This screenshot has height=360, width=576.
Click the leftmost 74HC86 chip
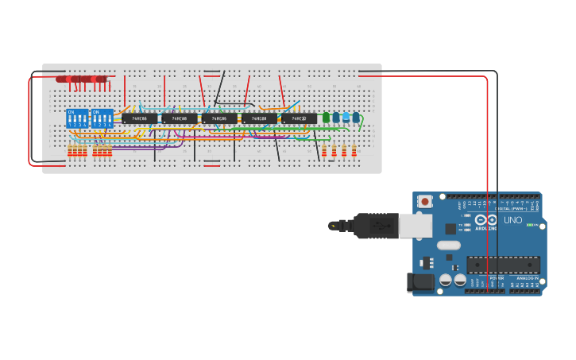139,118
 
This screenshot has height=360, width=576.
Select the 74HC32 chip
299,118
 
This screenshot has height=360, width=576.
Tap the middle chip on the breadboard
219,118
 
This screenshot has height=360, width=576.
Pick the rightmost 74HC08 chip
259,118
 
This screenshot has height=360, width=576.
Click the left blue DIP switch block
77,118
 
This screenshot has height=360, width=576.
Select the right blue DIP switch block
102,118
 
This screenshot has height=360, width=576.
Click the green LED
326,118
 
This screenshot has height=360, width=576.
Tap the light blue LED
346,117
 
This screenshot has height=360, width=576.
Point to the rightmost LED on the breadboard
355,117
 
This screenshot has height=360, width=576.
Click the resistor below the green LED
324,150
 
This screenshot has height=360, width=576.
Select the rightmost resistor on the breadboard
354,150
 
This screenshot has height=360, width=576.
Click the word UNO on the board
513,220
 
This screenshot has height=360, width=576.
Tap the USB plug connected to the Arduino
381,226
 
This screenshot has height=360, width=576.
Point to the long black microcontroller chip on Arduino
503,265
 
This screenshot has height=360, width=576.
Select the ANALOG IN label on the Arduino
528,278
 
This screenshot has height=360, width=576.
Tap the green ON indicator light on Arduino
529,225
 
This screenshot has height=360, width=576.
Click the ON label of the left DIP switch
72,112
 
